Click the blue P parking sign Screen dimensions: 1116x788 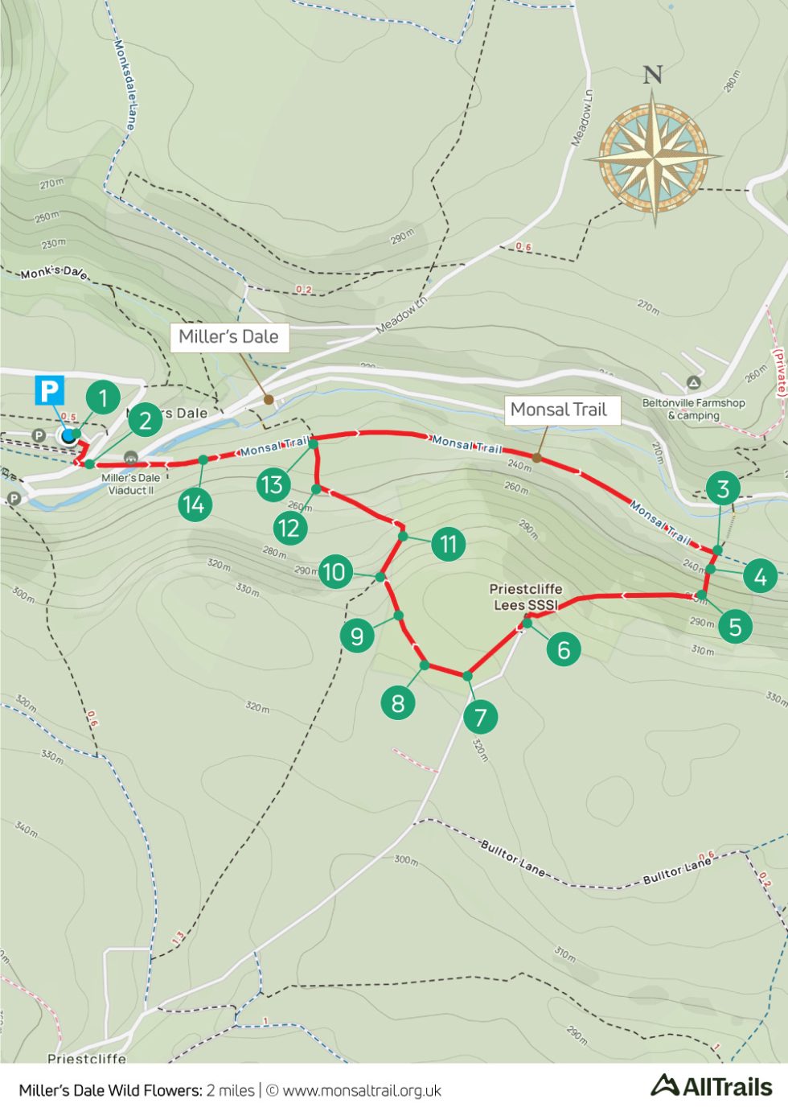point(49,391)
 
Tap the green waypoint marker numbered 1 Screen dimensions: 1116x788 point(103,397)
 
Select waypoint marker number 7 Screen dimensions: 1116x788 point(481,717)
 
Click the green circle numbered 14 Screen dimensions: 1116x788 point(194,504)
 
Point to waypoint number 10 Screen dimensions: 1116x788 point(334,571)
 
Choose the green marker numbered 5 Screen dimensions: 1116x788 point(735,626)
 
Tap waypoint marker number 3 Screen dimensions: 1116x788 point(723,488)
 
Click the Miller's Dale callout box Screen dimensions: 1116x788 point(228,337)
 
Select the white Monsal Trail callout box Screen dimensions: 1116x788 point(558,410)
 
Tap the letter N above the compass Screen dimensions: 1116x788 point(652,75)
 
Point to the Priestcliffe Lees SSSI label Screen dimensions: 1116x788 point(526,596)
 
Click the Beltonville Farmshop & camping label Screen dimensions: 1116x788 point(693,409)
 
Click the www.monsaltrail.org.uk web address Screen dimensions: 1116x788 point(362,1090)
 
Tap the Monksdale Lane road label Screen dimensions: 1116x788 point(125,84)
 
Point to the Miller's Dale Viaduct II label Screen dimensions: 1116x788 point(131,484)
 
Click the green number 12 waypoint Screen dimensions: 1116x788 point(289,528)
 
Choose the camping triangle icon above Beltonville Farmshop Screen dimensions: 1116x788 point(693,383)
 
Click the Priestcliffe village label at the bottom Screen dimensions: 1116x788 point(87,1058)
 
